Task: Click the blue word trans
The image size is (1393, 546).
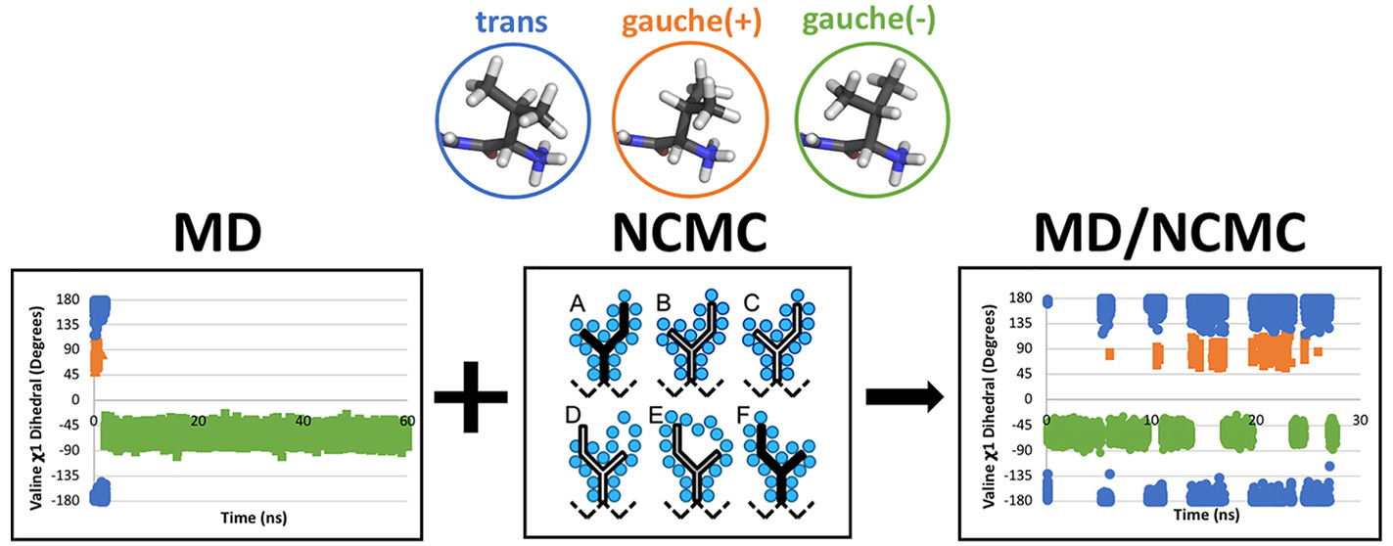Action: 511,22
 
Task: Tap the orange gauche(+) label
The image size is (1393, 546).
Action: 691,23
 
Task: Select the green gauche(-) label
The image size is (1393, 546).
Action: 868,21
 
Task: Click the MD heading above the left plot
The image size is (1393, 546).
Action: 217,232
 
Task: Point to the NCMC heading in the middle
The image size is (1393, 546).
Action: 690,232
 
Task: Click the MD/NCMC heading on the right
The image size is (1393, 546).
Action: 1170,233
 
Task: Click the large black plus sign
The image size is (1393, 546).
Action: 471,396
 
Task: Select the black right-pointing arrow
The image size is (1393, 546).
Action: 905,396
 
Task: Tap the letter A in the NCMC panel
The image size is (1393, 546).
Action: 578,303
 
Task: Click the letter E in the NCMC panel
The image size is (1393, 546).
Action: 656,415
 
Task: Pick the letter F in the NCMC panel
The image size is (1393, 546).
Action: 743,415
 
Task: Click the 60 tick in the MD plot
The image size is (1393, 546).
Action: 406,421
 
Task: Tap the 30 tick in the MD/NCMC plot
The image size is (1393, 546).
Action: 1360,420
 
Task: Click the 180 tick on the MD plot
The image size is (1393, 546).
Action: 68,299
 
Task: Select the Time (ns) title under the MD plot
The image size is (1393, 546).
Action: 254,518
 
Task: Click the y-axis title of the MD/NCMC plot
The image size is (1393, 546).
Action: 990,406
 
